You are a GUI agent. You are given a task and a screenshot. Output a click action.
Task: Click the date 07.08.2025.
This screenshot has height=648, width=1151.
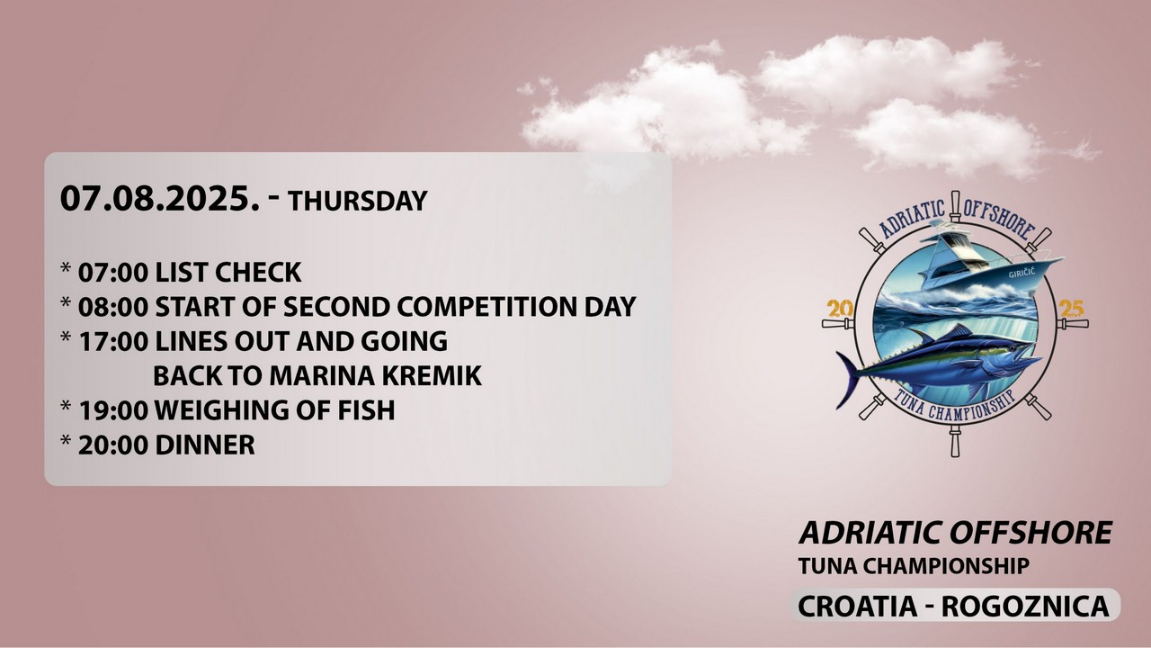click(160, 199)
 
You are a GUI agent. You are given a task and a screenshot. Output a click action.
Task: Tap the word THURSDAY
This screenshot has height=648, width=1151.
click(358, 201)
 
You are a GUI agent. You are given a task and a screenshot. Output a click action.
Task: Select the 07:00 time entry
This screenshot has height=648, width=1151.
click(113, 273)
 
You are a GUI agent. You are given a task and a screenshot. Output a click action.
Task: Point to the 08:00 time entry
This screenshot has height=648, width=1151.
click(113, 307)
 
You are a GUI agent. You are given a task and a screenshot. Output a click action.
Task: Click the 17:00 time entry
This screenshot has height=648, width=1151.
click(113, 341)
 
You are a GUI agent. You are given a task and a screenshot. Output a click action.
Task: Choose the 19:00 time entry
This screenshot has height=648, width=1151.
click(113, 410)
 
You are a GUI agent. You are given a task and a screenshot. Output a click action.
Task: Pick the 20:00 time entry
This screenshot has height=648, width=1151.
click(113, 445)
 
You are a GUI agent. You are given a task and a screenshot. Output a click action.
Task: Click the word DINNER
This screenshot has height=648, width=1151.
click(205, 445)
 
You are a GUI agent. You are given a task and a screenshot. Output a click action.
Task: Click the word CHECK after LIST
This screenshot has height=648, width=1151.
click(258, 273)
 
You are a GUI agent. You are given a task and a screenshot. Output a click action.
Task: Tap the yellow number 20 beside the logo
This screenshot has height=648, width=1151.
click(840, 309)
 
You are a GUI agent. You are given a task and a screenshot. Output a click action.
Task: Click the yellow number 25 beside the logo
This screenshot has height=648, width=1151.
click(1071, 309)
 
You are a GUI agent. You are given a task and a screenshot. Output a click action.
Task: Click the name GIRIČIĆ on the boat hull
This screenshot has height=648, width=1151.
click(1022, 273)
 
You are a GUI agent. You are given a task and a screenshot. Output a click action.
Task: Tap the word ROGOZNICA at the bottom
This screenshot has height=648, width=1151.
click(1025, 607)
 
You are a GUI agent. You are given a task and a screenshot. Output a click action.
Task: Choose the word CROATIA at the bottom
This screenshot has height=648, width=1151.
click(857, 607)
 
